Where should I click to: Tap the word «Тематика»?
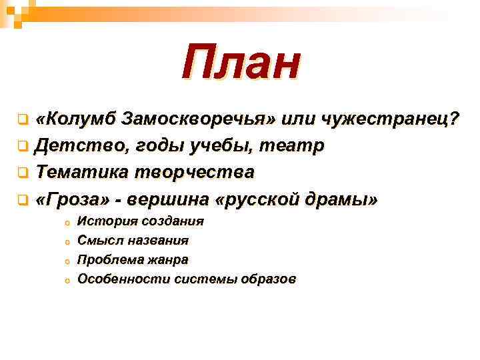(83, 171)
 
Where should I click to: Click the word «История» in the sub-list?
(102, 221)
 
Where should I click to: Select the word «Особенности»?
(123, 279)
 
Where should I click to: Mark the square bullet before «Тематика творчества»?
(23, 172)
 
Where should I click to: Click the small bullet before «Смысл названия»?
(67, 241)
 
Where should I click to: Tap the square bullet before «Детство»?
(23, 146)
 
